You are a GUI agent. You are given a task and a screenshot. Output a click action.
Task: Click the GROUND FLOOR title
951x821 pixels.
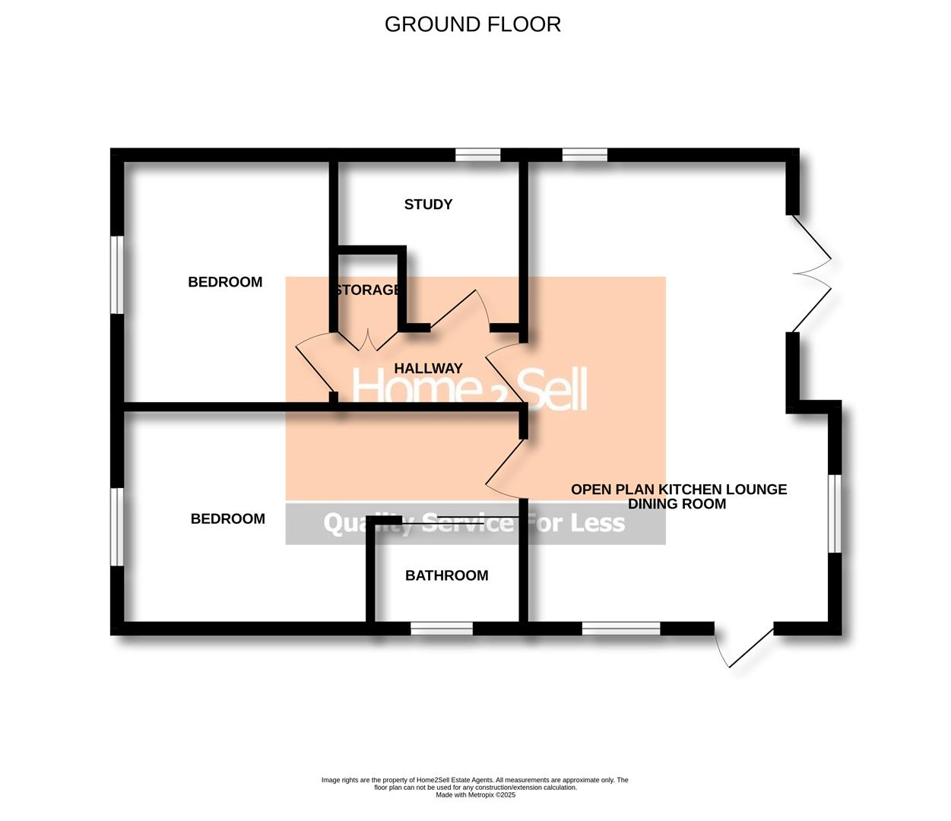(472, 24)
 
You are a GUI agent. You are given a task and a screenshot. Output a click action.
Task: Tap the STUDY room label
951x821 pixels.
(428, 204)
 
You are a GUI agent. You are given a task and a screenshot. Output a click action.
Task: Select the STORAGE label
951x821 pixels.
(367, 290)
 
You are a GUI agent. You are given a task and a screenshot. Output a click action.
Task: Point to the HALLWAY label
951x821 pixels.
(428, 368)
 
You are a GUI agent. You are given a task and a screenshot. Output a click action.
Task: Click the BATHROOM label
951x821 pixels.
(446, 575)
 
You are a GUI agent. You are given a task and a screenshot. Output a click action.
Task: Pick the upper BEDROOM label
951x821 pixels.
(225, 282)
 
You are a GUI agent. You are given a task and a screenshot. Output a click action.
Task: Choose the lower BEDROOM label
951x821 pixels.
(227, 519)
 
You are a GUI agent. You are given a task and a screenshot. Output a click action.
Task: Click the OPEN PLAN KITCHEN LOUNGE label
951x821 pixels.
(678, 490)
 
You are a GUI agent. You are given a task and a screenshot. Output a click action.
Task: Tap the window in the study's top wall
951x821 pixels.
(478, 156)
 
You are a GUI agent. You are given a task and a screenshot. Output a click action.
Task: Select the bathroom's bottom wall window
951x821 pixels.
(442, 629)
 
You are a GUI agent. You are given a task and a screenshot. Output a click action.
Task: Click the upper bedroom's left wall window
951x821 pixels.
(117, 274)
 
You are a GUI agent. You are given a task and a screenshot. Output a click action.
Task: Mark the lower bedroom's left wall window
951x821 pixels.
(117, 527)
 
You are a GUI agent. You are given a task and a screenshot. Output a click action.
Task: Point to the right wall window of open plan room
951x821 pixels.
(835, 513)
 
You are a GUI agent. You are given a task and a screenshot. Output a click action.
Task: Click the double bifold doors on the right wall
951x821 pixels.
(811, 273)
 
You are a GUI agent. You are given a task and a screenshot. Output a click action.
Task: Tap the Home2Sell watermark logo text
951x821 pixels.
(470, 389)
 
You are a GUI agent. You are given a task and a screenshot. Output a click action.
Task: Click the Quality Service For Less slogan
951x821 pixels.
(474, 523)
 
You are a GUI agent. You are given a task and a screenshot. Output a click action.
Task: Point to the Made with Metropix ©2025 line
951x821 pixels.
(475, 795)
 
